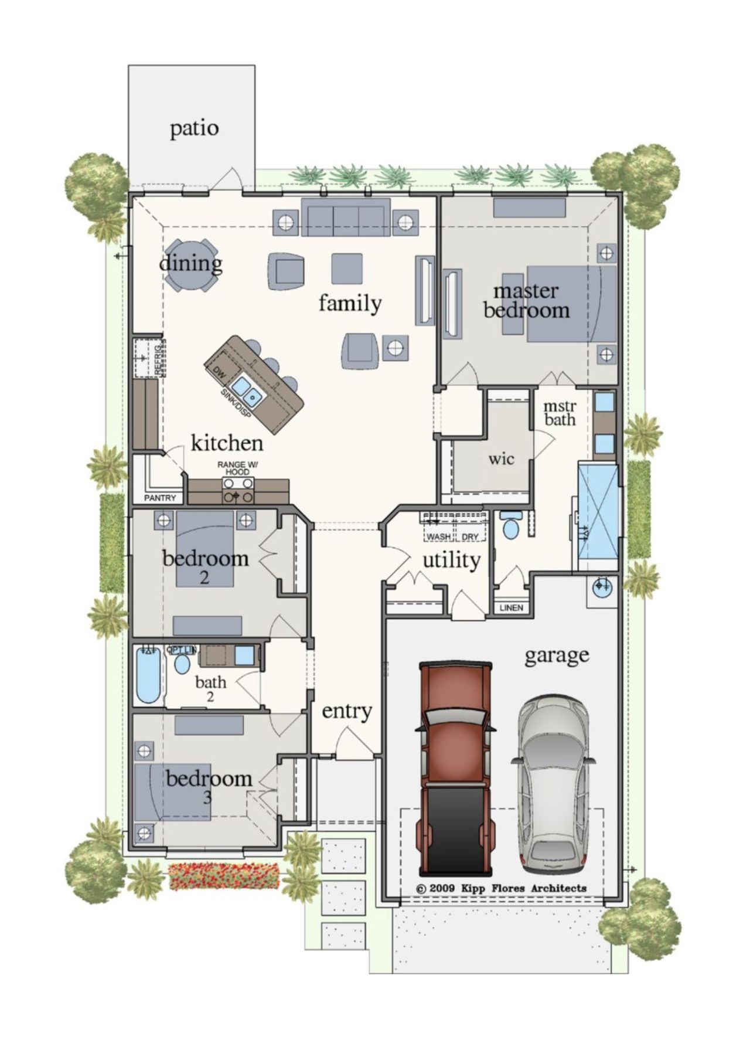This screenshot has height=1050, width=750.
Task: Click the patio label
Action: (x=194, y=128)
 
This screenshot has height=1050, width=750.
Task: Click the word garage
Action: (x=556, y=655)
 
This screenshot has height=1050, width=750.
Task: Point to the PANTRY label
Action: (x=160, y=498)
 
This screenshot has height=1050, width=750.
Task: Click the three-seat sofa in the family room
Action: (x=346, y=217)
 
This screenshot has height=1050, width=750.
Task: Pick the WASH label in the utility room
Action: (x=438, y=536)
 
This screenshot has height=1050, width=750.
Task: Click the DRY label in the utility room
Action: (x=470, y=536)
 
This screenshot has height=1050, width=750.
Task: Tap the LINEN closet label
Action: (x=511, y=607)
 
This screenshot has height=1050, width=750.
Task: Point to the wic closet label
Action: (x=501, y=459)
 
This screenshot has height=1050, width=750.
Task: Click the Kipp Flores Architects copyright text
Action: (x=500, y=888)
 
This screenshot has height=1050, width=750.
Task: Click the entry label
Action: (x=346, y=711)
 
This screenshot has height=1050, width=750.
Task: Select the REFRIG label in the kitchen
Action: (x=158, y=359)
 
